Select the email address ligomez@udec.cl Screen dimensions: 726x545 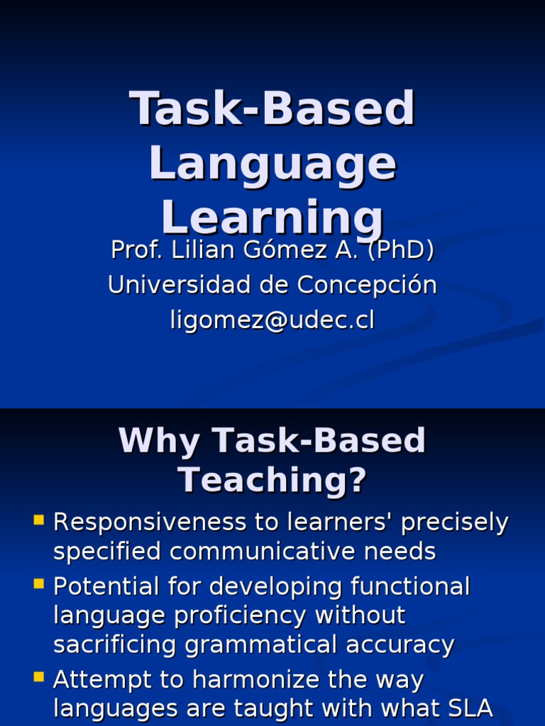[272, 320]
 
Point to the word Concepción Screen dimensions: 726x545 [367, 285]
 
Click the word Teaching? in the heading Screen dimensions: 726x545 [272, 480]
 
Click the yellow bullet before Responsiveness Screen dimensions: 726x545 [39, 521]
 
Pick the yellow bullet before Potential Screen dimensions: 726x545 [39, 584]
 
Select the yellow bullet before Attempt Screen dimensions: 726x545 [39, 678]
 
